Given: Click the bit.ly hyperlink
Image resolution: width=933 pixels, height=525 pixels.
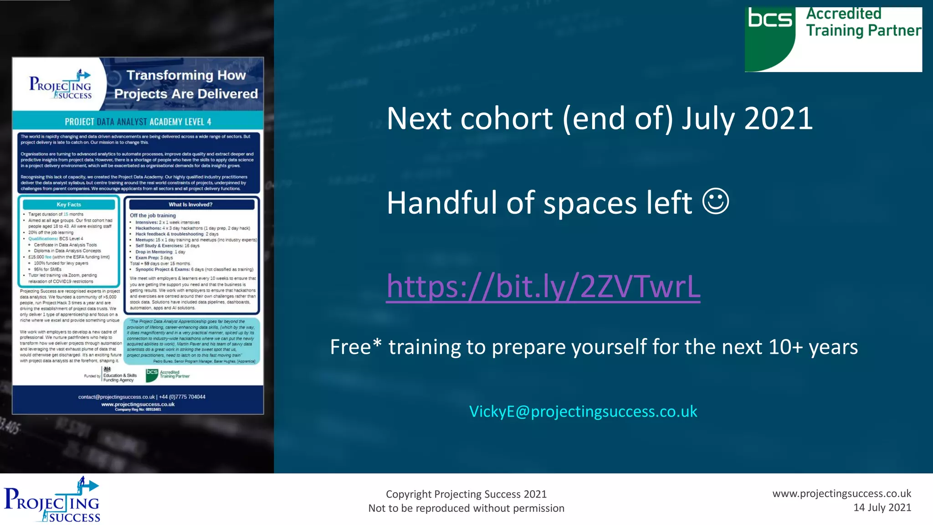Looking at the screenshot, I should tap(543, 286).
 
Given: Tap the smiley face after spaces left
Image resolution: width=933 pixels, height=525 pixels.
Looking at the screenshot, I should tap(716, 201).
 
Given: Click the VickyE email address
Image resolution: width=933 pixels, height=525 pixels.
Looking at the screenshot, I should tap(583, 412).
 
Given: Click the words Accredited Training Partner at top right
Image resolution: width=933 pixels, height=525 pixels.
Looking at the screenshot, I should tap(863, 22).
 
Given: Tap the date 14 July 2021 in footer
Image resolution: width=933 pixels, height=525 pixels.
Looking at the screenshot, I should tap(882, 508).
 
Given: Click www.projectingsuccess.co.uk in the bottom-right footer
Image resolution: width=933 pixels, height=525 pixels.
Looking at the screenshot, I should tap(841, 494).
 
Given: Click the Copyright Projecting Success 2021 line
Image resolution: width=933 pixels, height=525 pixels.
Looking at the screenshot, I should tap(466, 494).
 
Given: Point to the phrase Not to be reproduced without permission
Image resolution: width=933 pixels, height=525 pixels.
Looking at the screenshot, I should tap(466, 508).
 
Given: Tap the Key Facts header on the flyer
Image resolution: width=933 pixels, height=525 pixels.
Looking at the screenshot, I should tap(69, 205).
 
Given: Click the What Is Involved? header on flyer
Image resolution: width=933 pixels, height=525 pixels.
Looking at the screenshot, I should tap(190, 205).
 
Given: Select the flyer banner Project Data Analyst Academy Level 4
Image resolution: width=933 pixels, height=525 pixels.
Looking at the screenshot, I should tap(138, 122).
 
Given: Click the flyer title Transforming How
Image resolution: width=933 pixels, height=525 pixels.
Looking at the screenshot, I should tap(186, 75).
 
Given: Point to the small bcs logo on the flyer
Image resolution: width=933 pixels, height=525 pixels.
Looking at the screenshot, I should tap(152, 375).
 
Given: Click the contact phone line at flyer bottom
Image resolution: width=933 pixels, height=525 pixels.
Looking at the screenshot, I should tap(142, 397).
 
